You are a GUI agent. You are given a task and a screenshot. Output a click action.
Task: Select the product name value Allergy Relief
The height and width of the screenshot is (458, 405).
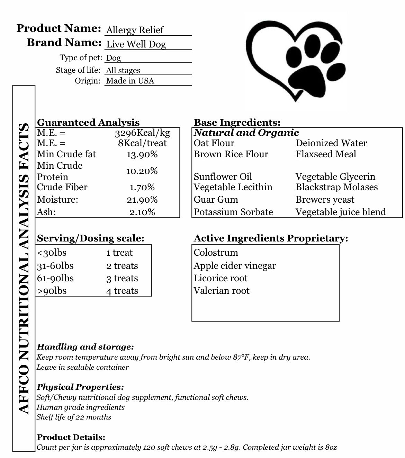(x=135, y=30)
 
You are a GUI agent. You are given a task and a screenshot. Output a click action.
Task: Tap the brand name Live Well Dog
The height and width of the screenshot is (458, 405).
(x=136, y=44)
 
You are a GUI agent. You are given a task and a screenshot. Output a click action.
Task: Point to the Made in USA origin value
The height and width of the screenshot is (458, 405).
(x=130, y=81)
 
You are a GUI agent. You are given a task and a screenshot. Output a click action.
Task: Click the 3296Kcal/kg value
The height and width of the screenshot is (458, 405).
(x=142, y=133)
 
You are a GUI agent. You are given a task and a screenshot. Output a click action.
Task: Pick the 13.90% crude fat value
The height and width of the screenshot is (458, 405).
(x=142, y=155)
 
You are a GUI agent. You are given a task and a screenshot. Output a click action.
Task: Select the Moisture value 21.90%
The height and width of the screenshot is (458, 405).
(x=142, y=200)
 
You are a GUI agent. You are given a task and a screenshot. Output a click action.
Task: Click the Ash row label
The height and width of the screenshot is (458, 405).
(x=46, y=212)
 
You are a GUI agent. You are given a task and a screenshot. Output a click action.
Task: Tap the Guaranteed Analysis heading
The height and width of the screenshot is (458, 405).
(x=88, y=123)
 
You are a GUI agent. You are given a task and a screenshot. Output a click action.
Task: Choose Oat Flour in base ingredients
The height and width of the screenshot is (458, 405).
(x=214, y=143)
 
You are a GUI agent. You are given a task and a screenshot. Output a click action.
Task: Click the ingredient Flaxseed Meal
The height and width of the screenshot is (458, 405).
(x=326, y=154)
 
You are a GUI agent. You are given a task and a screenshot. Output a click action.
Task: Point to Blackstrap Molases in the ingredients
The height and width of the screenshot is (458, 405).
(x=336, y=187)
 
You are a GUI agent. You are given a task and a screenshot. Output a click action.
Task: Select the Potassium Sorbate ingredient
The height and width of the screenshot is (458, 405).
(x=233, y=212)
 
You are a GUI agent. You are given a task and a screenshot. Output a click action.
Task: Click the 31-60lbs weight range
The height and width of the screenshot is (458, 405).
(x=55, y=266)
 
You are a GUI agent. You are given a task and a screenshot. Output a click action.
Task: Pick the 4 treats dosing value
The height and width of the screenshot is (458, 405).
(x=122, y=291)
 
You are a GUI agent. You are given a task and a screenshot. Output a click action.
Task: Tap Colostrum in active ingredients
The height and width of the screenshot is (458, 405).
(x=216, y=253)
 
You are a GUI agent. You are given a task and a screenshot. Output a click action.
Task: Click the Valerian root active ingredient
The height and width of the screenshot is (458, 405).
(x=222, y=291)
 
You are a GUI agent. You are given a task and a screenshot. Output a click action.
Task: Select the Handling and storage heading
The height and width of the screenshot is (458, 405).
(x=85, y=347)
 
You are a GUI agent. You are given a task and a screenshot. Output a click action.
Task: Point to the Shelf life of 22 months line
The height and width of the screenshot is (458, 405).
(x=74, y=417)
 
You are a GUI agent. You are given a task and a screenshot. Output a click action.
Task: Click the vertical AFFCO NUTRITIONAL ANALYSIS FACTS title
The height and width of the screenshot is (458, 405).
(x=24, y=268)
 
